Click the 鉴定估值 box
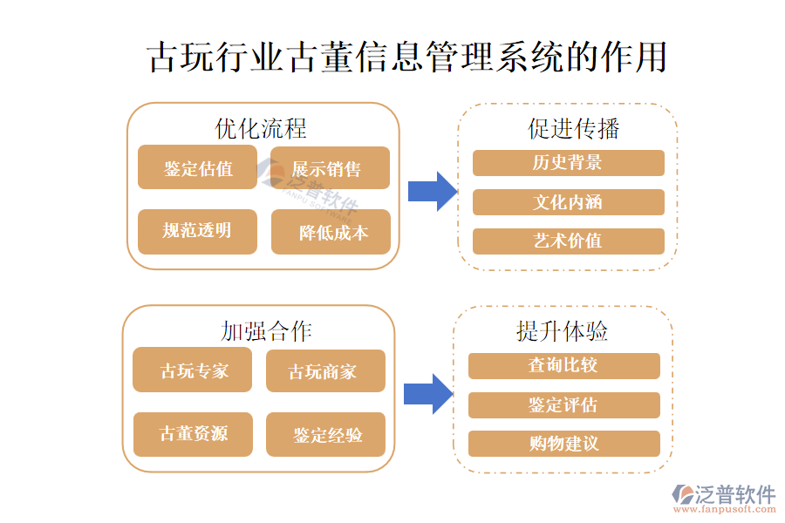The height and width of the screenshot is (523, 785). click(197, 168)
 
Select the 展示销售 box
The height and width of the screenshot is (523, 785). click(330, 168)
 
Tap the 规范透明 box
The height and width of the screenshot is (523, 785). click(197, 231)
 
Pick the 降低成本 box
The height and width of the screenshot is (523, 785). click(331, 232)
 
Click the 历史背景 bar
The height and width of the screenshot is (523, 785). click(568, 163)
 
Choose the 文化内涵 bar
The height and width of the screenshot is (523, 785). click(568, 202)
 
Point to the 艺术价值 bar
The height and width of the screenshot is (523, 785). click(568, 241)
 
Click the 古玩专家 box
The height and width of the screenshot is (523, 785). click(192, 370)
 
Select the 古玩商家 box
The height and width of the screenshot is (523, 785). click(324, 371)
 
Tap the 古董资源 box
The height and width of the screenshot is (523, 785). click(193, 433)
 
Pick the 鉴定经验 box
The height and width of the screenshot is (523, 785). click(325, 434)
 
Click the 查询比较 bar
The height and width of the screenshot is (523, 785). click(563, 365)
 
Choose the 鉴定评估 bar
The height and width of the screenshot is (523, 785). click(563, 405)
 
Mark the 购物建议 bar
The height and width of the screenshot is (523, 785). click(563, 444)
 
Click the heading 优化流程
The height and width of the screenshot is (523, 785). click(261, 129)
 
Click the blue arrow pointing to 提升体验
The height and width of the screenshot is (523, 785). click(427, 393)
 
